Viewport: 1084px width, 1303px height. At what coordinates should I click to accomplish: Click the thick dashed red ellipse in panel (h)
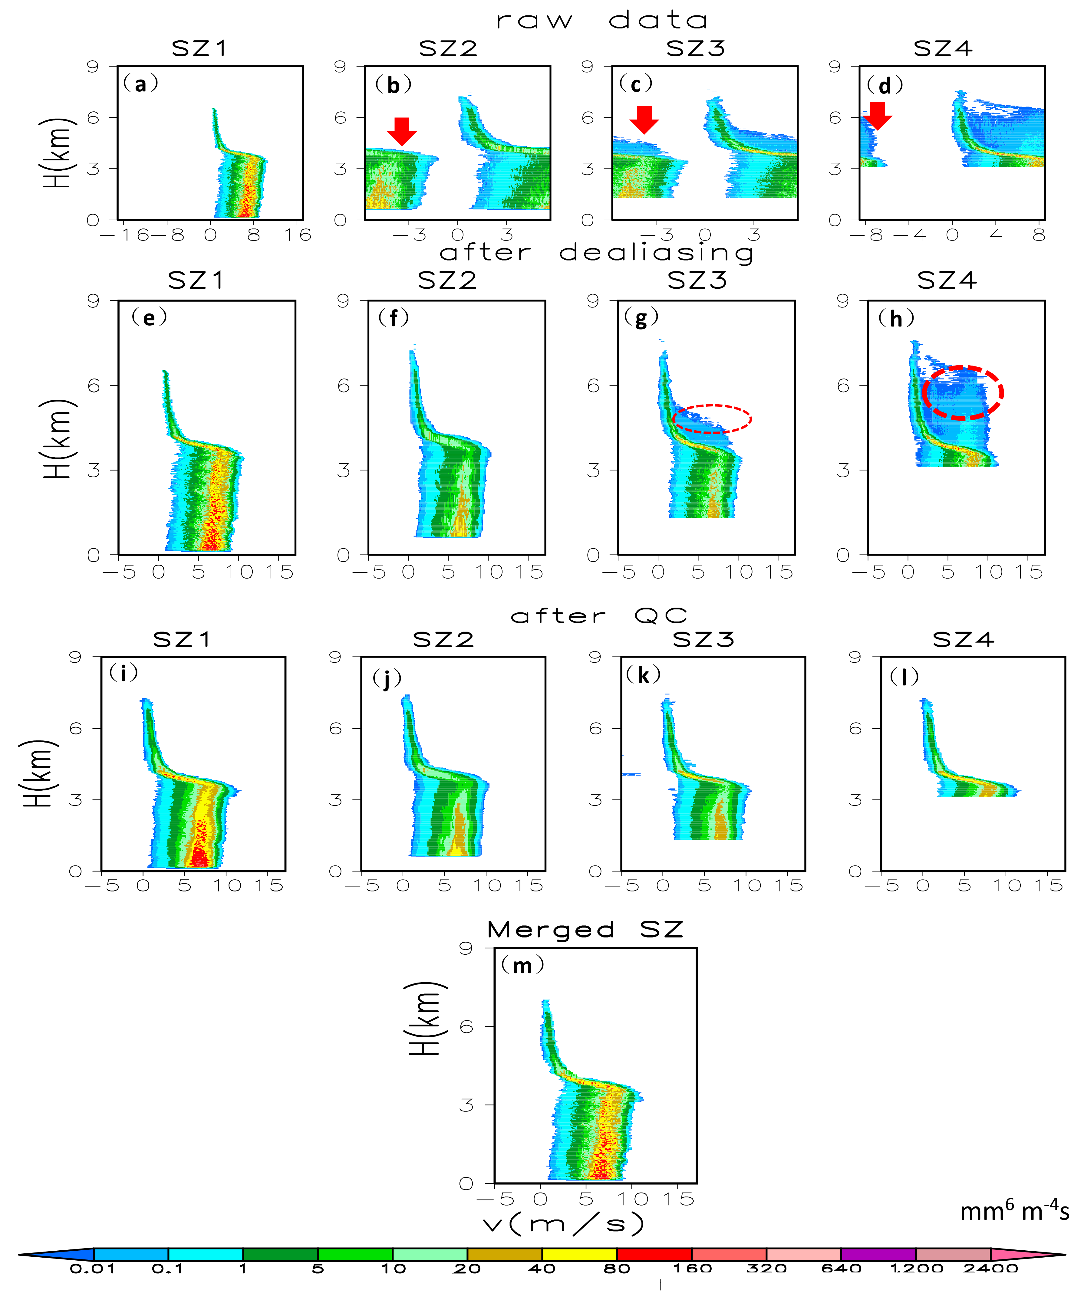click(x=962, y=392)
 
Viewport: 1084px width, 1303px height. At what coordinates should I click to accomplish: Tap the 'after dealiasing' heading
click(x=596, y=253)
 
